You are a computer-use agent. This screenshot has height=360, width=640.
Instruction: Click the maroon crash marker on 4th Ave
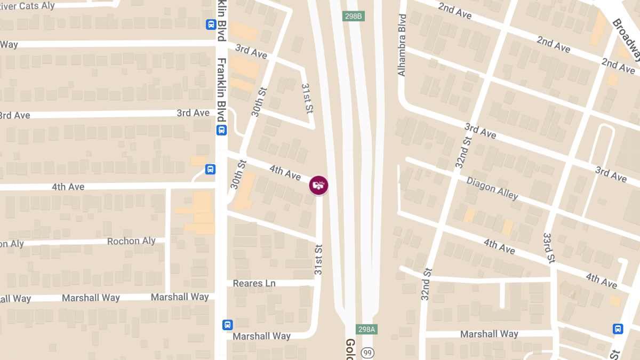(318, 185)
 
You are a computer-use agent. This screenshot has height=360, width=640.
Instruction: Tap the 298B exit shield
(354, 16)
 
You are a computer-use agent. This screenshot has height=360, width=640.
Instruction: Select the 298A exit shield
(367, 329)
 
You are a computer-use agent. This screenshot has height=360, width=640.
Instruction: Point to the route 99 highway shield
(367, 353)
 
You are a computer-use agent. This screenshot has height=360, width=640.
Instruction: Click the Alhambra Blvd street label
(402, 45)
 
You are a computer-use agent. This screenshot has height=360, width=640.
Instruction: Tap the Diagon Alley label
(492, 188)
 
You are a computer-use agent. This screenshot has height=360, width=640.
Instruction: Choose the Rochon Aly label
(131, 241)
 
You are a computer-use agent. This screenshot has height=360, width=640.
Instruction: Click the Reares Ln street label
(254, 283)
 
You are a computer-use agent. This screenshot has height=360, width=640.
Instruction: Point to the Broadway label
(626, 40)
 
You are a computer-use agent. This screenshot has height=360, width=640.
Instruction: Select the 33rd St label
(548, 247)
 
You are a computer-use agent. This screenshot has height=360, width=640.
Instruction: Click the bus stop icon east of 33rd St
(618, 329)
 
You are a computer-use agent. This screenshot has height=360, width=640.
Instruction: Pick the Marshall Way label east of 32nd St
(489, 334)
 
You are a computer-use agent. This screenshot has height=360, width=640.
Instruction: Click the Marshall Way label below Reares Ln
(262, 336)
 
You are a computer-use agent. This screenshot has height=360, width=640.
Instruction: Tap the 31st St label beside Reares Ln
(318, 260)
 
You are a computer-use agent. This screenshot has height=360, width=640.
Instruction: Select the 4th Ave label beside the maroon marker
(285, 172)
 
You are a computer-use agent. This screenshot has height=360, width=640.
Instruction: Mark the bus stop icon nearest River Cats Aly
(211, 24)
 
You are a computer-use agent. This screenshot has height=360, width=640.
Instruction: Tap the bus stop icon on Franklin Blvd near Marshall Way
(228, 324)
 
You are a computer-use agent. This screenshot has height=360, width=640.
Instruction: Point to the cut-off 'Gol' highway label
(350, 349)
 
